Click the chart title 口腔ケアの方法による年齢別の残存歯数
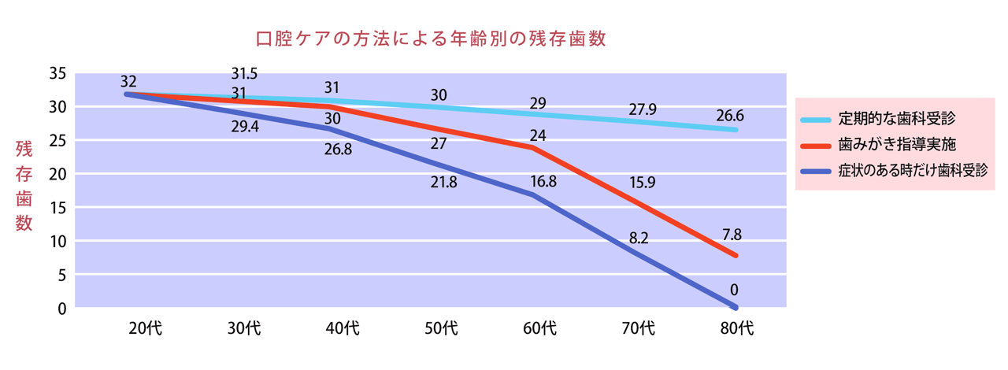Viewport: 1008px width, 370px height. pyautogui.click(x=432, y=39)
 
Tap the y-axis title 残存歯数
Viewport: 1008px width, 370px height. pyautogui.click(x=24, y=186)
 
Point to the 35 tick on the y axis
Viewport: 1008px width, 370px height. pyautogui.click(x=57, y=73)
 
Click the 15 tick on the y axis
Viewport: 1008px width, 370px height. pyautogui.click(x=57, y=207)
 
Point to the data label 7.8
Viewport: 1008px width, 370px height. pyautogui.click(x=731, y=234)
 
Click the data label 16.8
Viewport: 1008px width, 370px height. pyautogui.click(x=543, y=181)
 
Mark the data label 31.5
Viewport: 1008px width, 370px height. pyautogui.click(x=244, y=74)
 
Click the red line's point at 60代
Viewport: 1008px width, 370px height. pyautogui.click(x=533, y=147)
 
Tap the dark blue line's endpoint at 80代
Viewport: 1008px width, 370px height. pyautogui.click(x=735, y=306)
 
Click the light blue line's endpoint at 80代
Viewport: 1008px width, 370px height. pyautogui.click(x=735, y=130)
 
